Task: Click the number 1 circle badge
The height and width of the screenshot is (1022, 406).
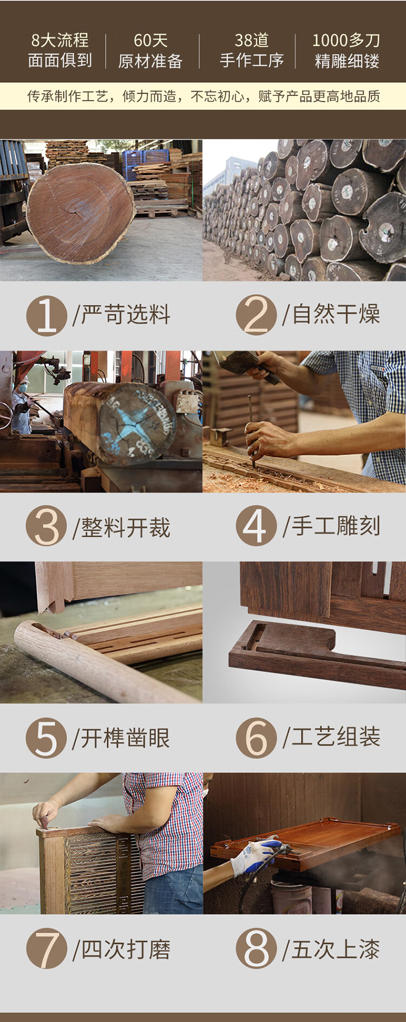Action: [x=47, y=316]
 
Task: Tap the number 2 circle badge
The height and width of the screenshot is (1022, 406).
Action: [x=256, y=315]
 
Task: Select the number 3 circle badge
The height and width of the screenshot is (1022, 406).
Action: [x=47, y=526]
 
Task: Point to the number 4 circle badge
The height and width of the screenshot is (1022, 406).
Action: [x=256, y=525]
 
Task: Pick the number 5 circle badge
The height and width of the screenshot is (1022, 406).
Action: [x=47, y=738]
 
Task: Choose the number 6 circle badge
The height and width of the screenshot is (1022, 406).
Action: [x=256, y=737]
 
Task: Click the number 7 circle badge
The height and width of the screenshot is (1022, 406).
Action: [x=47, y=948]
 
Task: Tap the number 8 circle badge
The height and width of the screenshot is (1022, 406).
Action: [x=256, y=948]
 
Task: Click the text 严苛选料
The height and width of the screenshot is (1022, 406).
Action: [x=126, y=315]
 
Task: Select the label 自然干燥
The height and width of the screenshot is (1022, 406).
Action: [x=336, y=314]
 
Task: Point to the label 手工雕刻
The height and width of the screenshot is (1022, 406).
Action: [x=336, y=525]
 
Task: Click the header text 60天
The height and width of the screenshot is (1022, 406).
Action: [x=150, y=40]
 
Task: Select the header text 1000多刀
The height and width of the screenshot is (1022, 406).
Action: [x=346, y=40]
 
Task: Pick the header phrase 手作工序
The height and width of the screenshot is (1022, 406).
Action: [x=252, y=61]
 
